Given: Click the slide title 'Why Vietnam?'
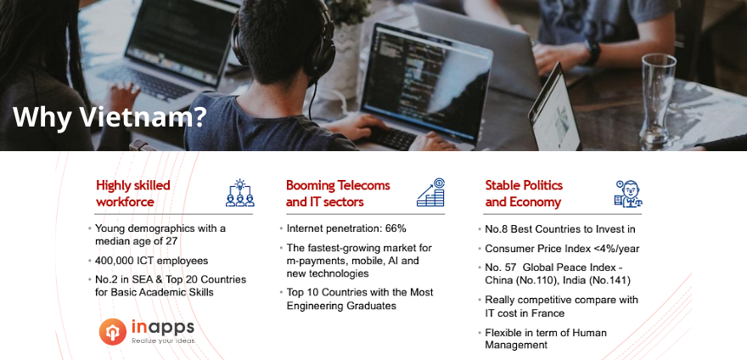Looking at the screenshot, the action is point(110,117).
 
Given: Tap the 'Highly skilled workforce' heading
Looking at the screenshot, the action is point(133,193).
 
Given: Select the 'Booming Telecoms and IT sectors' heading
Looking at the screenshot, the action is point(338,193).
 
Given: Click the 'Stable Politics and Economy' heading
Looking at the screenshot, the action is point(524,193).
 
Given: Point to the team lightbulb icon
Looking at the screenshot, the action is point(240,193).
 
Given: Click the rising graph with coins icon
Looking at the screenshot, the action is point(430,192).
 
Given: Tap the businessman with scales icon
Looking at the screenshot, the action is point(628,193).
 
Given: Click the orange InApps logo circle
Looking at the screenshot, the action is point(113,331).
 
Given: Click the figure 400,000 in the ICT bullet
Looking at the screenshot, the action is point(115,261).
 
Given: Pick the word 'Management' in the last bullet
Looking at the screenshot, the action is point(516,345).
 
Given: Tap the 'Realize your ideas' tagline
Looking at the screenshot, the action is point(163,340).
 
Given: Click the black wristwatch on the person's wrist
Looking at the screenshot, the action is point(593,53).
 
